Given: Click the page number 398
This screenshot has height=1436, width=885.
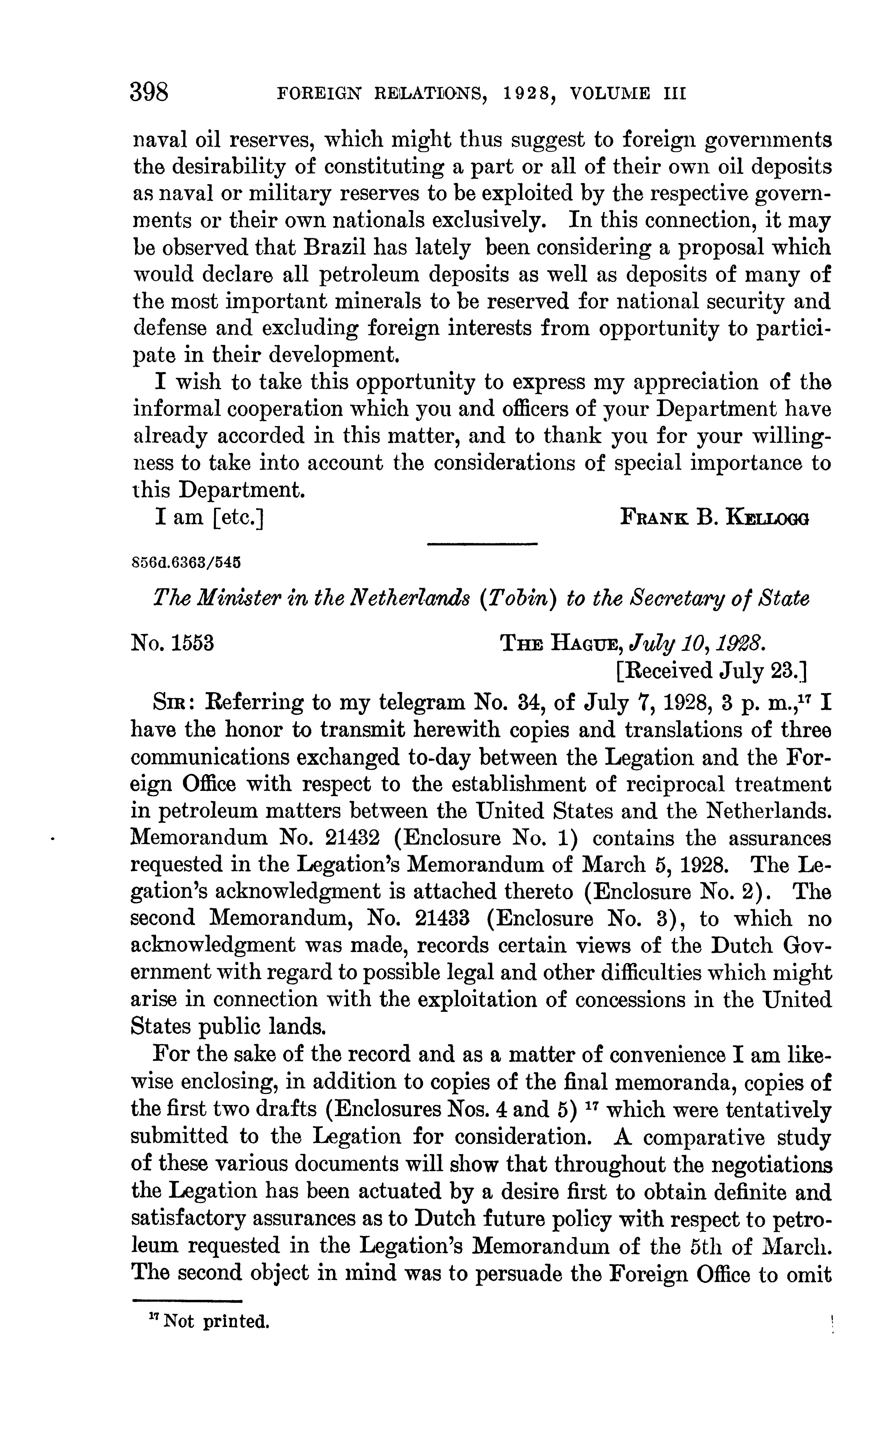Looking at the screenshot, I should [x=150, y=93].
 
